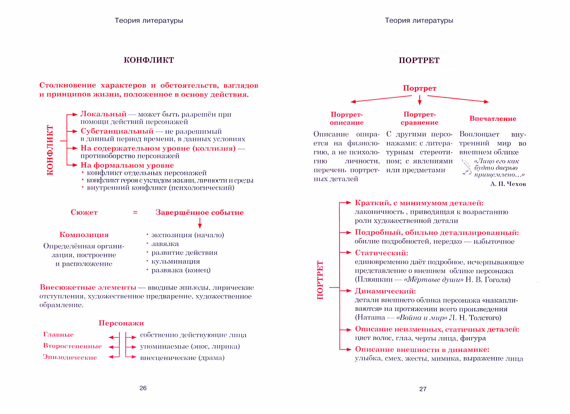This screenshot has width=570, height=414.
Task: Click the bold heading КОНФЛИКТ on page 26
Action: (149, 60)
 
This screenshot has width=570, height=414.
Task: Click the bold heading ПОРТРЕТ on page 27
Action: (419, 60)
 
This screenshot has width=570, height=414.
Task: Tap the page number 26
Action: (143, 388)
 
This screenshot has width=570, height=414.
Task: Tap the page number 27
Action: (423, 389)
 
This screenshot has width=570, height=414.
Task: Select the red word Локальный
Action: (103, 114)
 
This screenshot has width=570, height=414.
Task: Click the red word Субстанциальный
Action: (117, 131)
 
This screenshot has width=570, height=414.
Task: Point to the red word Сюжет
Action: (84, 212)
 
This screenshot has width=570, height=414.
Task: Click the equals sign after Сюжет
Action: (135, 212)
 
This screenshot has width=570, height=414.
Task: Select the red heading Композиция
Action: (84, 235)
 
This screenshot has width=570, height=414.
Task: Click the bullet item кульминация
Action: (176, 261)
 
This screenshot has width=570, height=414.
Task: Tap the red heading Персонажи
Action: (121, 323)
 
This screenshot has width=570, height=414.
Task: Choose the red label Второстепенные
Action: (72, 346)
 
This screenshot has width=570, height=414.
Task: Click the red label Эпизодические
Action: (70, 357)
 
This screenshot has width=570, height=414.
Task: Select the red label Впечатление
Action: (493, 119)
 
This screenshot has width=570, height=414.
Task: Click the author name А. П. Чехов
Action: (508, 184)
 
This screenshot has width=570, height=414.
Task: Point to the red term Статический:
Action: (382, 253)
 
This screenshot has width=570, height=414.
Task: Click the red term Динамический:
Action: (385, 291)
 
